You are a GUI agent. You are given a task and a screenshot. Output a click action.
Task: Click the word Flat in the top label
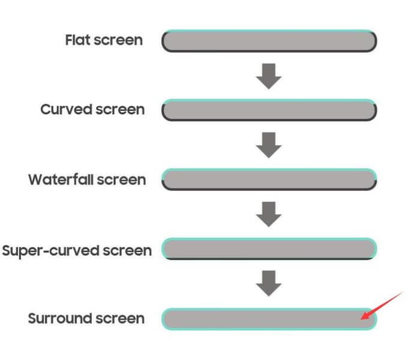78,40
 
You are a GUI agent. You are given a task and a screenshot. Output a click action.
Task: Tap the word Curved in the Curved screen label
66,109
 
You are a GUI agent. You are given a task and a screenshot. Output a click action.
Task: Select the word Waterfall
61,179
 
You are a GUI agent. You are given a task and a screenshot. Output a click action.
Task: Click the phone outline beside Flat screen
269,50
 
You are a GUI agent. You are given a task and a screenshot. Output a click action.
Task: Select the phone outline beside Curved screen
269,119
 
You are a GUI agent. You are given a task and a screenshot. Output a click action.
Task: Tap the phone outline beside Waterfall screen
269,189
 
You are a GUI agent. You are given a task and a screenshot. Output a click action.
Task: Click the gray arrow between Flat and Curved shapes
269,76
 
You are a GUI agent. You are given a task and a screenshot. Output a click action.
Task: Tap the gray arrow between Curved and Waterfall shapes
269,145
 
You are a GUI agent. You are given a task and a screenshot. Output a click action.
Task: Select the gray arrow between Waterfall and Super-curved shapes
269,214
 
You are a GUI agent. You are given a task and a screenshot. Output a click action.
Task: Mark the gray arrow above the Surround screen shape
269,283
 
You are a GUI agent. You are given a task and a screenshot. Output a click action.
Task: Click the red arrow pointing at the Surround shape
382,305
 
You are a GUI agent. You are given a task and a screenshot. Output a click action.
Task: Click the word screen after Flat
118,41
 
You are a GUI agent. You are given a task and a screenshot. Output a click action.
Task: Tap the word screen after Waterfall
121,180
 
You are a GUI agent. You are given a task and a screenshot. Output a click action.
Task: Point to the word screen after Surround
120,319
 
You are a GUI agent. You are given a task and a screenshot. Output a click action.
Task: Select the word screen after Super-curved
127,251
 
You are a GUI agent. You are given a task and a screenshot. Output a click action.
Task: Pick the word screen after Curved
120,110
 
